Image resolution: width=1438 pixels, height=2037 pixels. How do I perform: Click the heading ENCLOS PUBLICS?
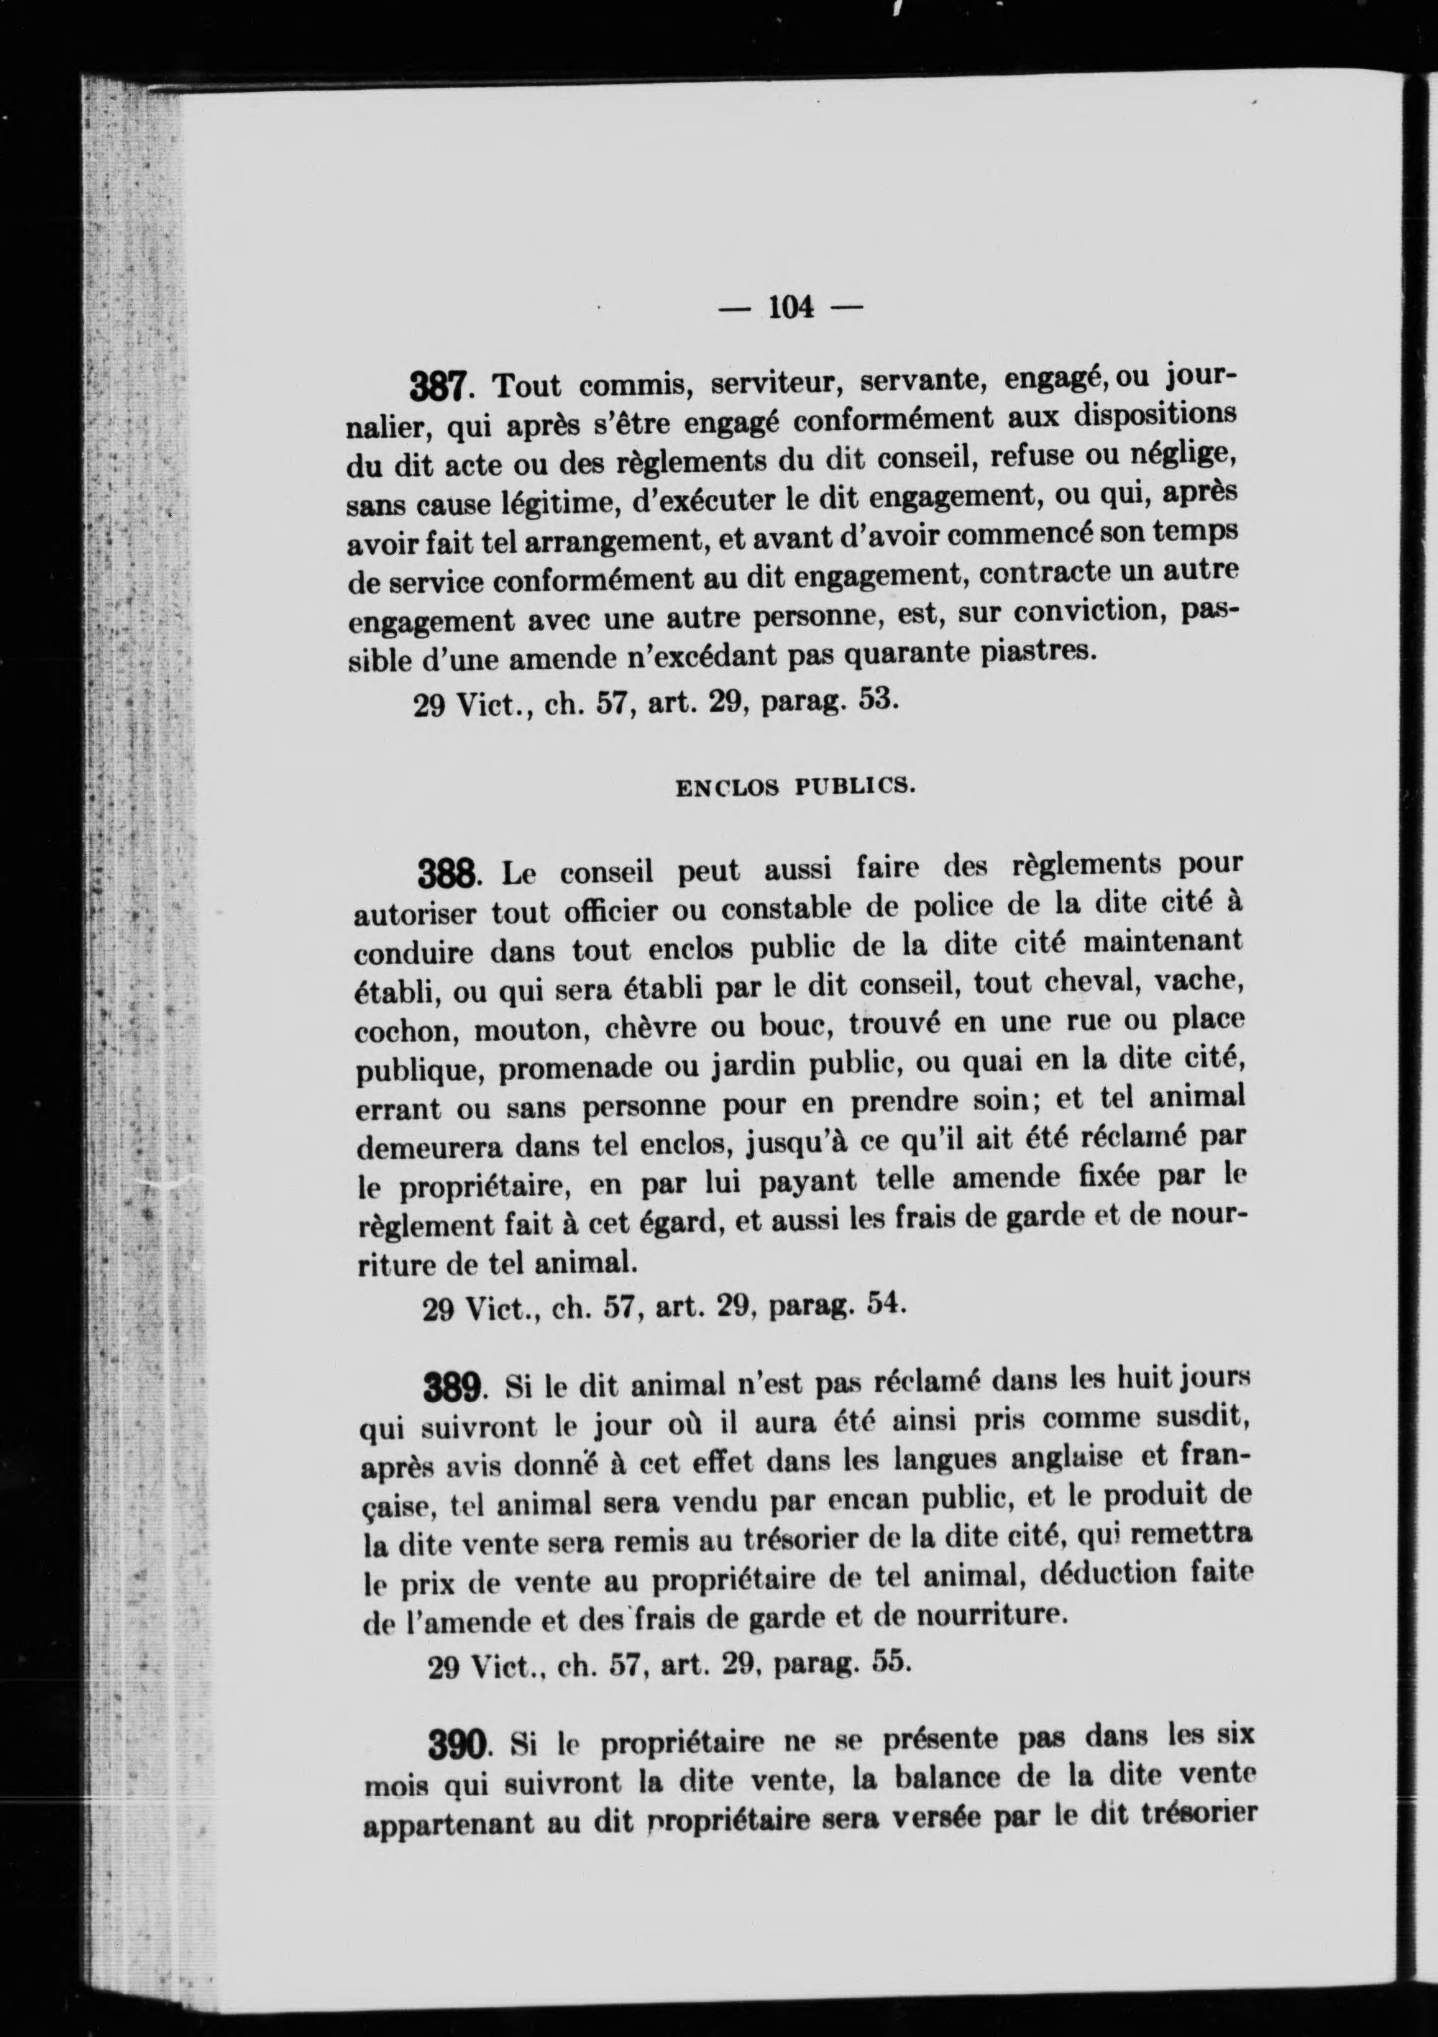point(793,786)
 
